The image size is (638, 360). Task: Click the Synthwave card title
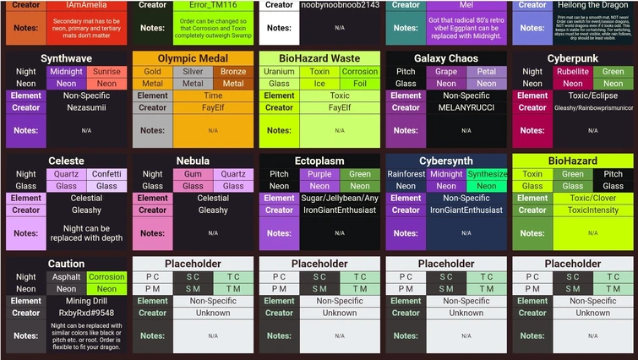tap(66, 58)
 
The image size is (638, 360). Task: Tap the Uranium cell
tap(279, 72)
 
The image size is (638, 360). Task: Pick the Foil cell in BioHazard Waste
tap(360, 84)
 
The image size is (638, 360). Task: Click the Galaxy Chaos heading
tap(446, 58)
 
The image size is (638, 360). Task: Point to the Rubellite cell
tap(573, 72)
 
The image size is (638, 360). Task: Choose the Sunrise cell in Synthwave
tap(106, 72)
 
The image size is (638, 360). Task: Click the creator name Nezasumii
tap(86, 108)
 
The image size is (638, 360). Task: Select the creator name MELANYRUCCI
tap(466, 108)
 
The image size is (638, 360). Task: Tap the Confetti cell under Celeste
tap(106, 174)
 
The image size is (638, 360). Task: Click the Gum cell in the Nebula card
tap(193, 174)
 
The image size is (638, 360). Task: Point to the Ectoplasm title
tap(319, 161)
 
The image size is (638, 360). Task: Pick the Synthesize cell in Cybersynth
tap(487, 174)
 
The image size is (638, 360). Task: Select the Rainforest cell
tap(406, 174)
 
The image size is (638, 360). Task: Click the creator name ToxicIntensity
tap(593, 210)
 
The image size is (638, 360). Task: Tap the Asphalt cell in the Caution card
tap(66, 276)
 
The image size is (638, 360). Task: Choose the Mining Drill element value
tap(86, 301)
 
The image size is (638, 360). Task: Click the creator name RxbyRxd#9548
tap(86, 313)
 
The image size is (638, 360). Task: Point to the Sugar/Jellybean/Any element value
tap(340, 199)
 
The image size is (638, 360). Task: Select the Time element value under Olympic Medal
tap(213, 95)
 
